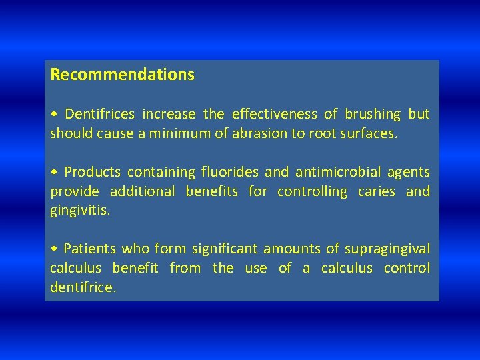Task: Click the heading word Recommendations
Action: (x=122, y=74)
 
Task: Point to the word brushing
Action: (x=373, y=114)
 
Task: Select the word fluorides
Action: (x=229, y=172)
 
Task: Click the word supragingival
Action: (x=387, y=249)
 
